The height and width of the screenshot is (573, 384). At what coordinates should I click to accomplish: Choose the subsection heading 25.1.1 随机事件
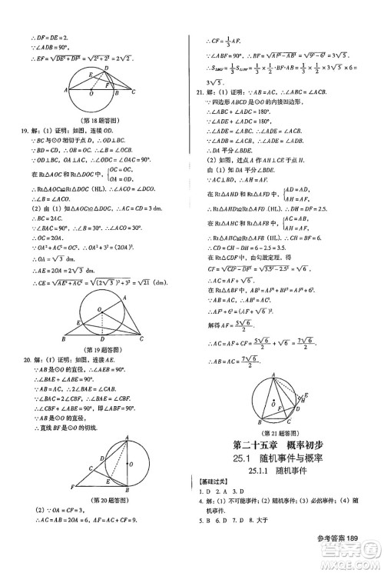tap(288, 472)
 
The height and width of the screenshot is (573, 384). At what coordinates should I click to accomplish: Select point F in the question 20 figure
tap(71, 486)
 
